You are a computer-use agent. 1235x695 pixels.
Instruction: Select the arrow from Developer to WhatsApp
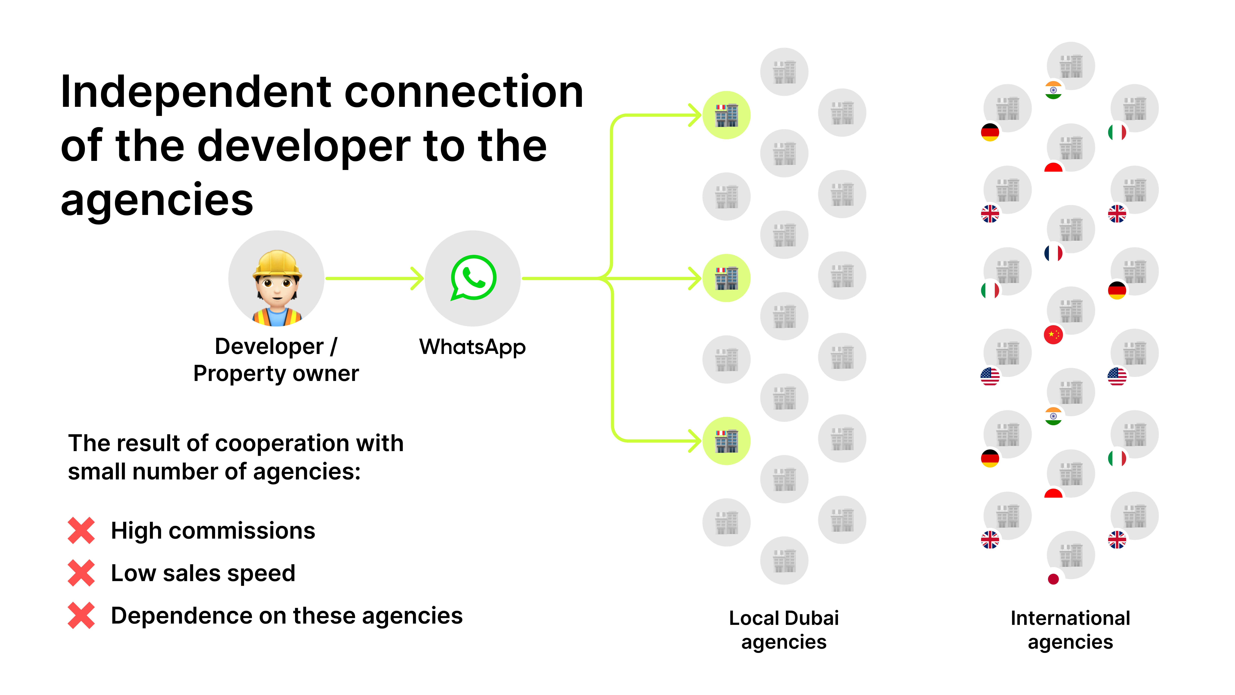click(x=374, y=278)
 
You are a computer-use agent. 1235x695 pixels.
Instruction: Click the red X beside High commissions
click(x=81, y=530)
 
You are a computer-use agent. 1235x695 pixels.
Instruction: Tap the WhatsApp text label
click(x=472, y=347)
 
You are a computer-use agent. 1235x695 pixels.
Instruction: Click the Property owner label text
click(x=276, y=374)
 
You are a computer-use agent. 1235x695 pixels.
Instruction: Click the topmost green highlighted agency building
click(x=726, y=115)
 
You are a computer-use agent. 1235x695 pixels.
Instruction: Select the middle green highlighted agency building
click(x=726, y=278)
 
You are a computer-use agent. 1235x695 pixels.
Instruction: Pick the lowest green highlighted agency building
click(x=726, y=441)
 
